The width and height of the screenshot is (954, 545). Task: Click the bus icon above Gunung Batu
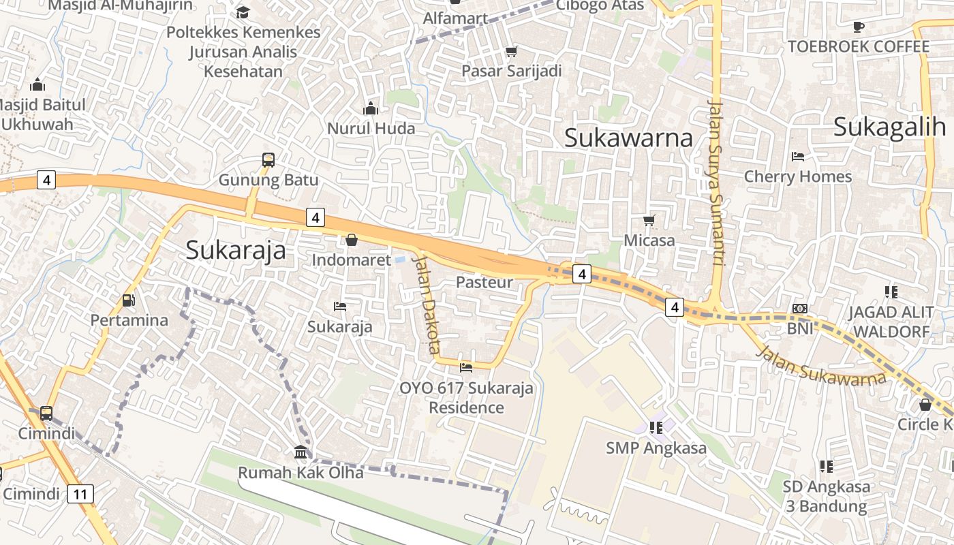pyautogui.click(x=268, y=161)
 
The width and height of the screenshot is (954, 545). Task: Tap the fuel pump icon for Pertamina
pyautogui.click(x=128, y=300)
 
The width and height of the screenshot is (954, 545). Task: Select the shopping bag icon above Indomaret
pyautogui.click(x=352, y=240)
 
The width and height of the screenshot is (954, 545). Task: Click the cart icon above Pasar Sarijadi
pyautogui.click(x=511, y=52)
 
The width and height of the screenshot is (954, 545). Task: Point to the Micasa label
pyautogui.click(x=649, y=240)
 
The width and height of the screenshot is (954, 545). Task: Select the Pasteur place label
pyautogui.click(x=484, y=282)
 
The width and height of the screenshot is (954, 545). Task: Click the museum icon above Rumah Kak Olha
pyautogui.click(x=301, y=452)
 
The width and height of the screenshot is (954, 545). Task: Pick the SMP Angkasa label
pyautogui.click(x=656, y=448)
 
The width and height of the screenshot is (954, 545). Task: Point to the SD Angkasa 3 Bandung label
pyautogui.click(x=826, y=497)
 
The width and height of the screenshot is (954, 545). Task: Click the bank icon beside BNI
pyautogui.click(x=800, y=309)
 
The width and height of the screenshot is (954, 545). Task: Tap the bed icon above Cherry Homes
pyautogui.click(x=798, y=157)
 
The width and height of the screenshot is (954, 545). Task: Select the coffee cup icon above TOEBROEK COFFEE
pyautogui.click(x=859, y=27)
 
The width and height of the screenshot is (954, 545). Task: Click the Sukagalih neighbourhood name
pyautogui.click(x=890, y=127)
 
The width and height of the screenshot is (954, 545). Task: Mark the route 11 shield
pyautogui.click(x=80, y=494)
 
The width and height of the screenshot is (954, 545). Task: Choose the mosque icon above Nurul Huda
pyautogui.click(x=371, y=108)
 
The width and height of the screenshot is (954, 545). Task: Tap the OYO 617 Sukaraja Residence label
pyautogui.click(x=466, y=398)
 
